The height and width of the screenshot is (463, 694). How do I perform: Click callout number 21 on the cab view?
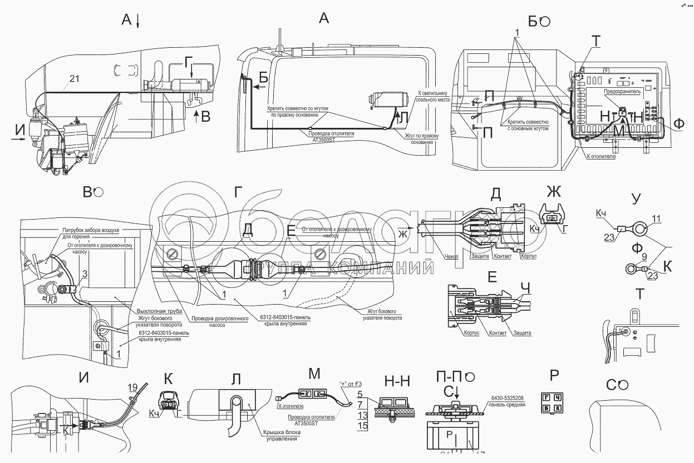tap(75, 79)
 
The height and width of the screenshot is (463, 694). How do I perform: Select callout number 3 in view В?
tap(84, 273)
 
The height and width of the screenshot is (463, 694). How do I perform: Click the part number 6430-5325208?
tap(508, 397)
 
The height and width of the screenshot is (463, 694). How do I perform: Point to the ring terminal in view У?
tap(640, 228)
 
